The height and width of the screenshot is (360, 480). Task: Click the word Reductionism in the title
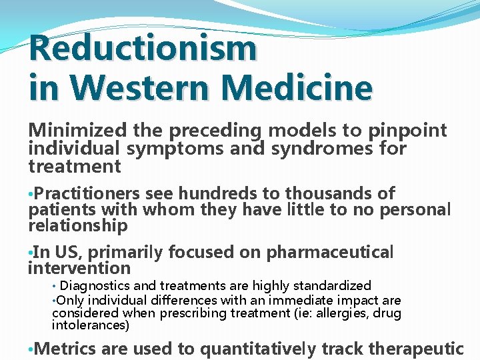tap(143, 48)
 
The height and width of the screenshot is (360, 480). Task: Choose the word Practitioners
tap(87, 194)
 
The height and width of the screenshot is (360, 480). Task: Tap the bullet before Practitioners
tap(31, 195)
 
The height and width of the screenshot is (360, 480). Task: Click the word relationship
tap(78, 226)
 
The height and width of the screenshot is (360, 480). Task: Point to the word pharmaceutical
tap(330, 253)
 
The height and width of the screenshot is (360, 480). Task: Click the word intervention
tap(79, 269)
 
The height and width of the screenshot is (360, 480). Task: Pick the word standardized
tap(329, 286)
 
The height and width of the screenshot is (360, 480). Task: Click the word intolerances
tap(91, 326)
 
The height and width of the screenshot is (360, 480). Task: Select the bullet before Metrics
tap(31, 349)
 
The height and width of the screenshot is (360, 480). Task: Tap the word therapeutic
tap(415, 348)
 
